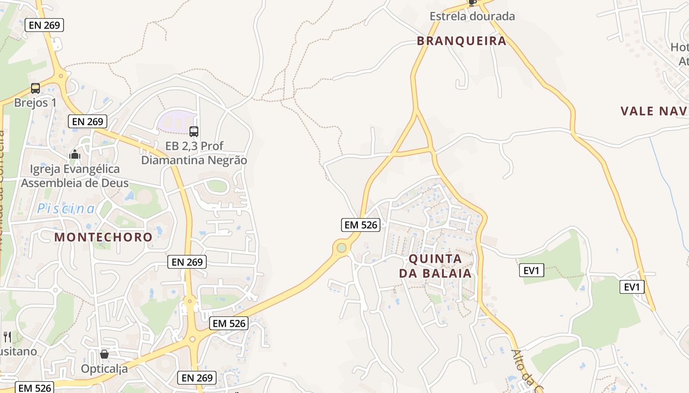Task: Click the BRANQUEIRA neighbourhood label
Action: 461,41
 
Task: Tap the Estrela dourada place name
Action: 472,16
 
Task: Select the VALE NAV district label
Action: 654,111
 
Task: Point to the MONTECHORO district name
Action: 103,237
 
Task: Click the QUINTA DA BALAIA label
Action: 435,266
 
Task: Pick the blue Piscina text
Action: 66,209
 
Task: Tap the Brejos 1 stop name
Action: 35,103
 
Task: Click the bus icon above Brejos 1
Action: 35,88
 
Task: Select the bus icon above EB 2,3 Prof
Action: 194,131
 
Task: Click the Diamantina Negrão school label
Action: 194,160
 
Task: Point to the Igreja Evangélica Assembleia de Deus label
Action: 75,176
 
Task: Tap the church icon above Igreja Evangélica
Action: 75,155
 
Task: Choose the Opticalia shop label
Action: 104,368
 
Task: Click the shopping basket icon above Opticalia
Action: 104,354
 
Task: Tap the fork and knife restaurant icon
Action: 7,337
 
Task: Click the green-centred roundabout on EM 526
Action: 341,248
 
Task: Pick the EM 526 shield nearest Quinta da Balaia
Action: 361,225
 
